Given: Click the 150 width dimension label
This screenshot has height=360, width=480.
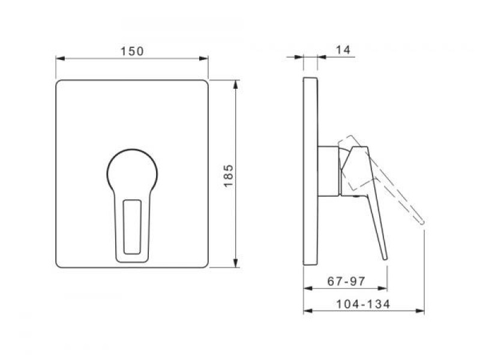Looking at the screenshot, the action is coord(132,51).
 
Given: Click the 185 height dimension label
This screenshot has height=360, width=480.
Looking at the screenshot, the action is coord(229,176).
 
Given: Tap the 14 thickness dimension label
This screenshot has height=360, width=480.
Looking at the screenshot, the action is coord(343,50).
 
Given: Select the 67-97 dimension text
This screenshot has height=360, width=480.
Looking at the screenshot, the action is coord(346,281).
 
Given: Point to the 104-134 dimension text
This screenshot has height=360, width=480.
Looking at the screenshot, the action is coord(363,304).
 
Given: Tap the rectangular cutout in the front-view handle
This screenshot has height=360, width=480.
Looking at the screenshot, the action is coord(132,227).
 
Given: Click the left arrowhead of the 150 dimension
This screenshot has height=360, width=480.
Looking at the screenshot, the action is coord(61,58).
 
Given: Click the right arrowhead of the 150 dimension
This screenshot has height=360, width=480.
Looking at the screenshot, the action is coord(204,58).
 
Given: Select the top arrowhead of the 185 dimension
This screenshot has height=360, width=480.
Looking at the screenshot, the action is coord(235,85).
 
